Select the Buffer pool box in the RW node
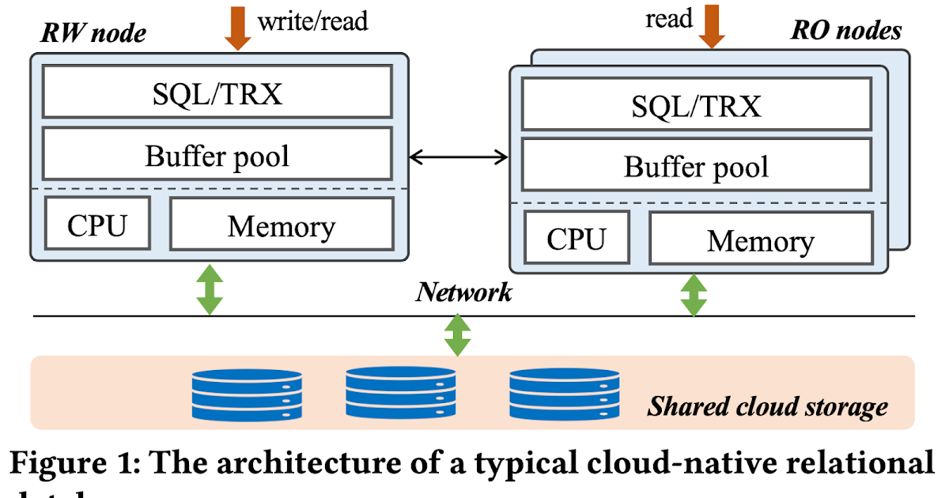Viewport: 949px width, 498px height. pyautogui.click(x=217, y=154)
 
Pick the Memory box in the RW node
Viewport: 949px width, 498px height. pyautogui.click(x=282, y=225)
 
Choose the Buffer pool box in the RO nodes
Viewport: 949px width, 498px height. pyautogui.click(x=696, y=166)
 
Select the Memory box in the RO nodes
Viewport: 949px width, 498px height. pyautogui.click(x=760, y=240)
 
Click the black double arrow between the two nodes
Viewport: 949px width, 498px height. pyautogui.click(x=459, y=158)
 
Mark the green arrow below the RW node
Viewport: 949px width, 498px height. pyautogui.click(x=210, y=289)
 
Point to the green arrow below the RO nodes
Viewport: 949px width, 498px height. pyautogui.click(x=694, y=294)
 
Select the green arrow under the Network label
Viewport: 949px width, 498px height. pyautogui.click(x=457, y=334)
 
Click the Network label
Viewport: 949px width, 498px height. pyautogui.click(x=464, y=292)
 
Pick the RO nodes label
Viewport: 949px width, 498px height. pyautogui.click(x=846, y=30)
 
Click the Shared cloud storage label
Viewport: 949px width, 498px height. pyautogui.click(x=767, y=406)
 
